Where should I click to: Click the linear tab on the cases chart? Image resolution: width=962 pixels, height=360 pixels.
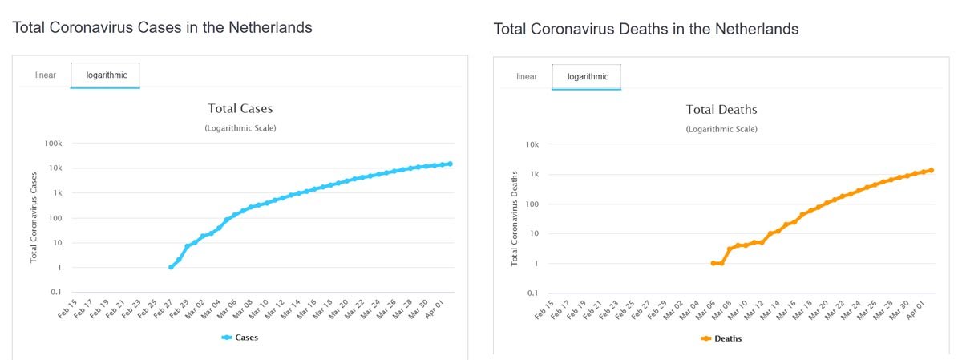tap(45, 75)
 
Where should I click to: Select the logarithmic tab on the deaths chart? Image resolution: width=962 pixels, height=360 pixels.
tap(588, 76)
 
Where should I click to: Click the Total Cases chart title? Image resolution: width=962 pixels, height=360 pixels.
tap(240, 108)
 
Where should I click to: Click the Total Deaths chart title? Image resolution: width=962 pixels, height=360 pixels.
tap(721, 109)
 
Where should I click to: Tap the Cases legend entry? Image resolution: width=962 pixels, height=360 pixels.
tap(240, 338)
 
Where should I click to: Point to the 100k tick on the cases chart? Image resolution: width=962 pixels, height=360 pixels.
tap(53, 143)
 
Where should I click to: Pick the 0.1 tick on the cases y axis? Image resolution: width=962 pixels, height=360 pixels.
tap(55, 292)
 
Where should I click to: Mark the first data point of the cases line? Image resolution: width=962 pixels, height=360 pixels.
tap(171, 267)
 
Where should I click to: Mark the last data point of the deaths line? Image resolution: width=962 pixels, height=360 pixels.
tap(932, 170)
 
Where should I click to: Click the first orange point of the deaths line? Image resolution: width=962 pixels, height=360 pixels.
tap(713, 263)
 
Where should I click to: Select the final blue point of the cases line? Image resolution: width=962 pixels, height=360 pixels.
tap(451, 164)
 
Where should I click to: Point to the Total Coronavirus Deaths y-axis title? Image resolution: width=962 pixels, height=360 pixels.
tap(515, 217)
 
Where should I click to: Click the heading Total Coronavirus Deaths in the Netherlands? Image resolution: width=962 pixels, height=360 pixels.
tap(646, 29)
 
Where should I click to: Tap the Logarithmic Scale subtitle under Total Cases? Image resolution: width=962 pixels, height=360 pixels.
tap(240, 128)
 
